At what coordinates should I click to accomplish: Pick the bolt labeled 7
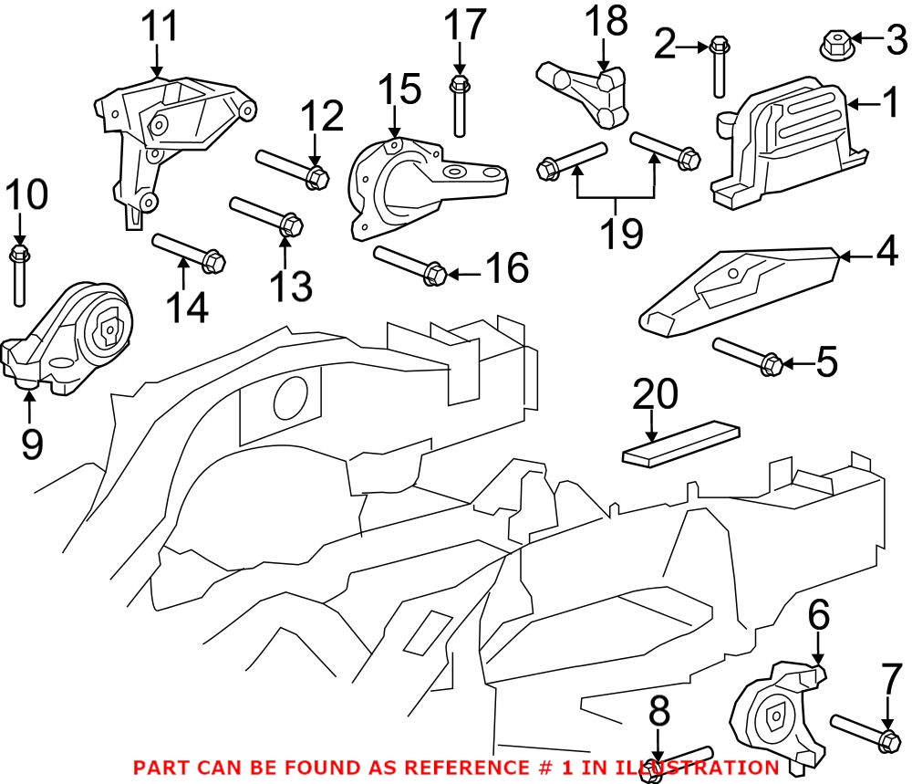pos(863,732)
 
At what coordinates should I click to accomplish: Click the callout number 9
pos(31,444)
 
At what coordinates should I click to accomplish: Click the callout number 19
pos(620,234)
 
